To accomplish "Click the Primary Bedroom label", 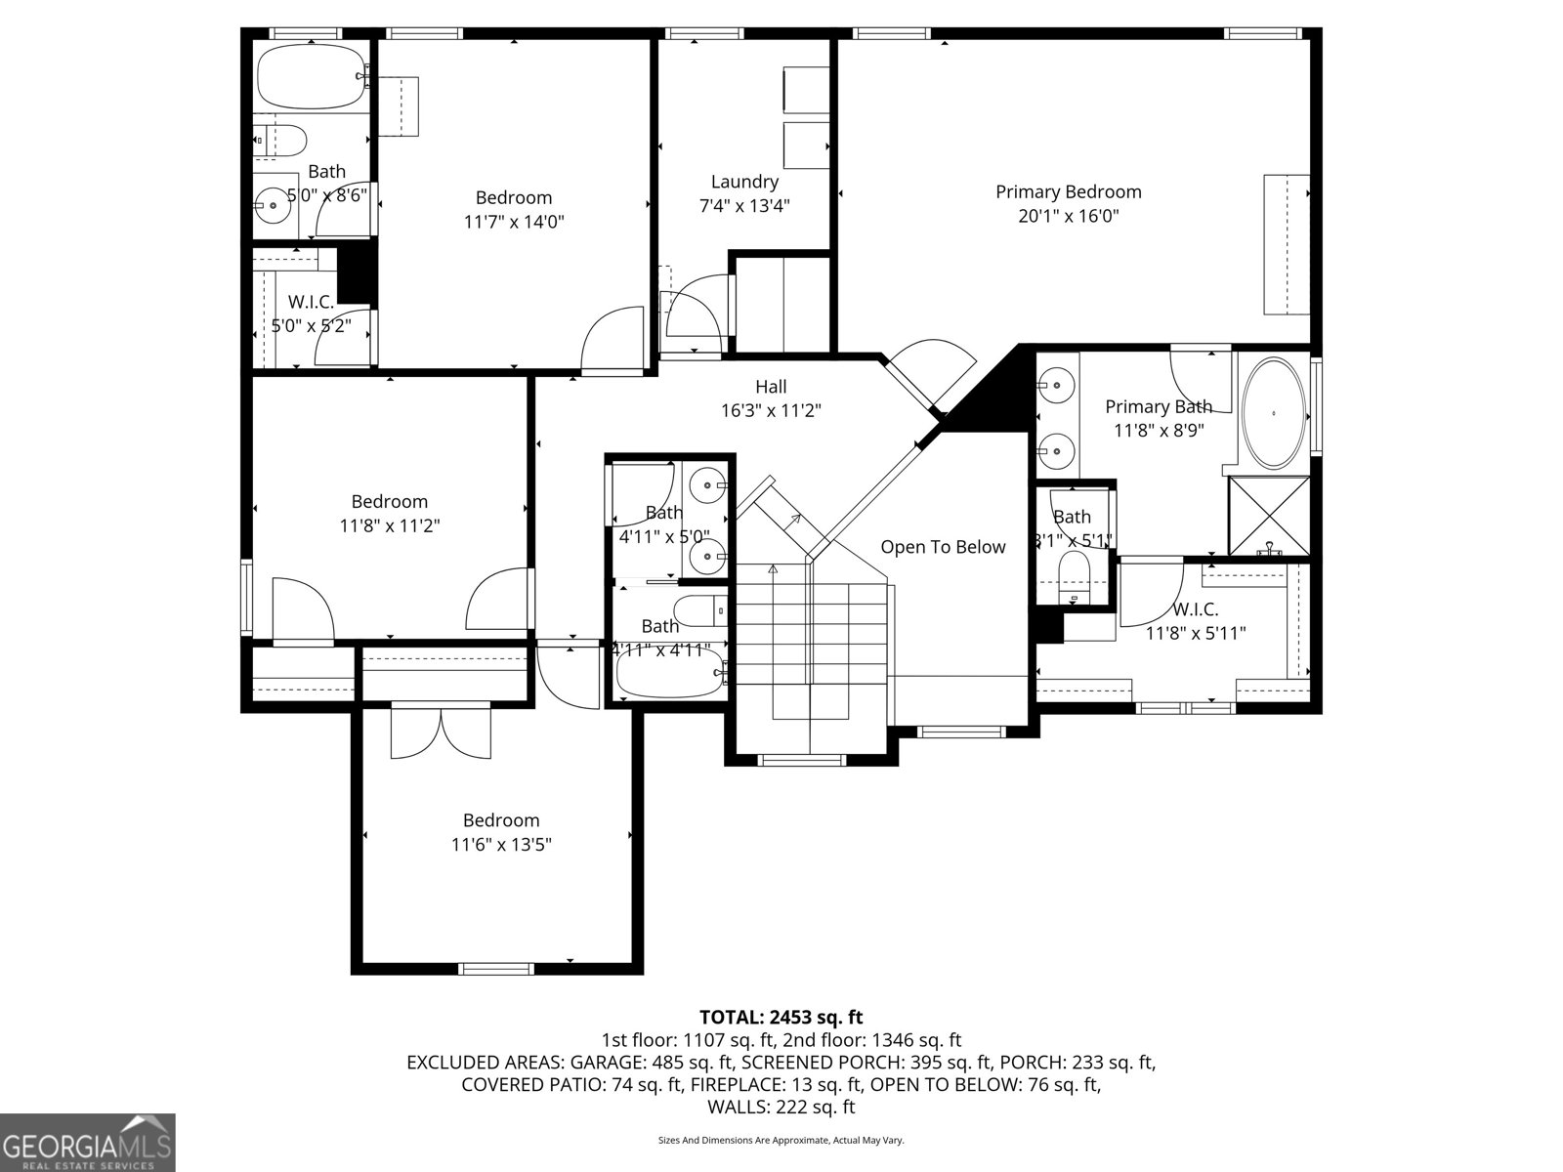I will pos(1068,191).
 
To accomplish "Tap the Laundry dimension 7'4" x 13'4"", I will pos(744,206).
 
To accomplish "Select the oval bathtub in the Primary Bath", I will pos(1274,413).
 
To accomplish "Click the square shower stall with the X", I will pos(1268,516).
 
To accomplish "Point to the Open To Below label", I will pos(943,547).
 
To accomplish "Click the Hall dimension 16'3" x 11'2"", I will pos(771,411).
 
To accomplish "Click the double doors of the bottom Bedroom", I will pos(442,732).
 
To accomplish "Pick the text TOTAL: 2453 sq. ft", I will pos(781,1018).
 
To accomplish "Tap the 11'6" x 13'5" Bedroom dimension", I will pos(501,845).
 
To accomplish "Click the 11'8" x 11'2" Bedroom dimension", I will pos(390,525).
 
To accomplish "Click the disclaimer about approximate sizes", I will pos(781,1140).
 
